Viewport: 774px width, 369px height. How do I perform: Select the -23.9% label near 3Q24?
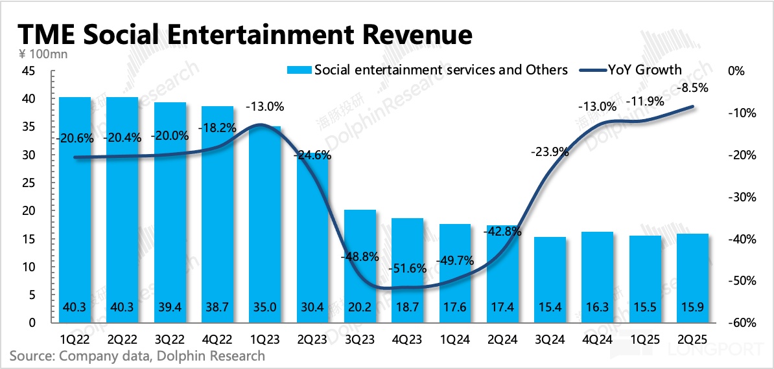550,152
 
